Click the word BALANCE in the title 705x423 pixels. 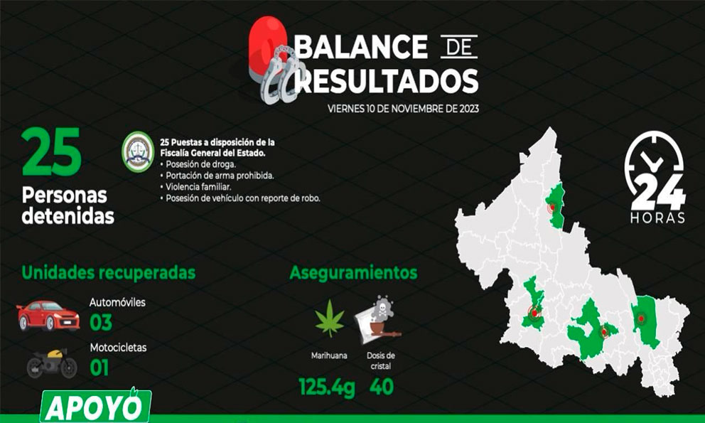[x=362, y=47]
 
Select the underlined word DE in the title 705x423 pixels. [x=458, y=47]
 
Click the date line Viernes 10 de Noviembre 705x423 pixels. [x=403, y=109]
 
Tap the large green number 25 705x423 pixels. [x=52, y=151]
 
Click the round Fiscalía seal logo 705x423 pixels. [x=139, y=151]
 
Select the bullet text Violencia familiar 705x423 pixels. [x=198, y=187]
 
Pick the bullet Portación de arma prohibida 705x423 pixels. [x=217, y=176]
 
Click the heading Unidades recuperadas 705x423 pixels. [x=108, y=273]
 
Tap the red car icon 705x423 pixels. [x=48, y=316]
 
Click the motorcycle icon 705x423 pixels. [x=52, y=363]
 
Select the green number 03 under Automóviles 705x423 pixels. [x=101, y=323]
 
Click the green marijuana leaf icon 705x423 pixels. [x=330, y=319]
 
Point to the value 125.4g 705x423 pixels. [x=327, y=387]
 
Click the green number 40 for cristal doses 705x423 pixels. [x=382, y=387]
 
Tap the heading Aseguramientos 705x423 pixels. [x=353, y=273]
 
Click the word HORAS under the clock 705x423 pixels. [x=657, y=218]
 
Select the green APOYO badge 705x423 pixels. [x=95, y=406]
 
